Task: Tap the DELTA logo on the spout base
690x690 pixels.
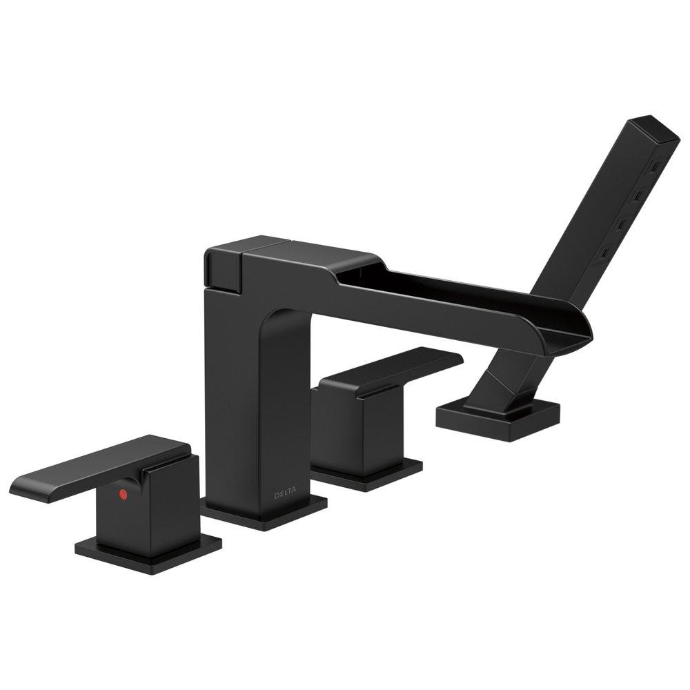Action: (284, 494)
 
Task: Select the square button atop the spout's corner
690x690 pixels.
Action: (221, 266)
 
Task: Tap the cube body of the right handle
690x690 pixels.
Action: (355, 421)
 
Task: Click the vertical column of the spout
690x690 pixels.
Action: (235, 386)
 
